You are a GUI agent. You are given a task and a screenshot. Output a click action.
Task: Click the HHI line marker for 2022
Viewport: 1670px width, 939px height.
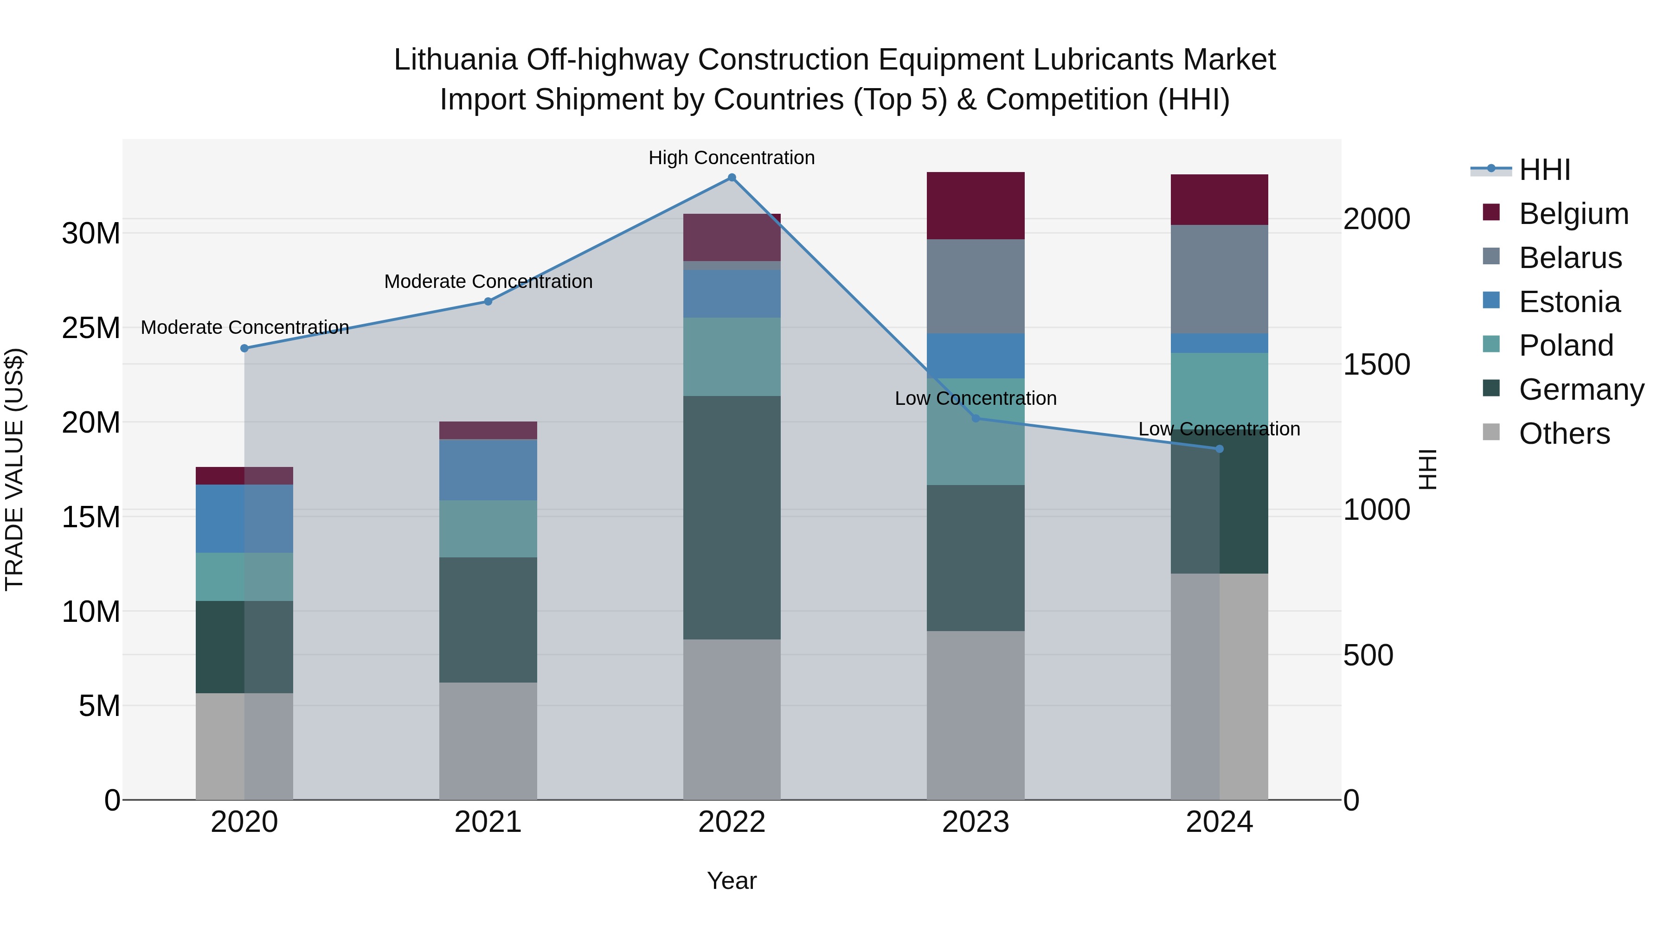732,178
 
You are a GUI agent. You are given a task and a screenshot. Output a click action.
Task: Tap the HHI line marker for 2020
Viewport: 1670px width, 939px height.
244,348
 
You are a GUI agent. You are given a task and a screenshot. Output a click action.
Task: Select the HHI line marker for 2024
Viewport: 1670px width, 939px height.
1220,448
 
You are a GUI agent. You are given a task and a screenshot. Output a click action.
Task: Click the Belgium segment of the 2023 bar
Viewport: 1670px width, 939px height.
976,205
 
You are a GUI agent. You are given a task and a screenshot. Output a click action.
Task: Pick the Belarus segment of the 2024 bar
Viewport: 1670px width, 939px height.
1220,279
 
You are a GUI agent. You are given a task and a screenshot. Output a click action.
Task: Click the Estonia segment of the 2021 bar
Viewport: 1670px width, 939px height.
488,470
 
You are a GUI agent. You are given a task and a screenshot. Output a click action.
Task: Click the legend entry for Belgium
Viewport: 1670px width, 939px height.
1574,214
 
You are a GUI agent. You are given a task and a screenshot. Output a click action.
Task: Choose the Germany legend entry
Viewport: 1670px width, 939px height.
1581,390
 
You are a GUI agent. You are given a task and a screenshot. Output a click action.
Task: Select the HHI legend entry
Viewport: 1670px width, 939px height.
1544,170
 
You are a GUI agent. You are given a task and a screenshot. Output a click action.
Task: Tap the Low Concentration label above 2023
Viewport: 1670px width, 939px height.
975,398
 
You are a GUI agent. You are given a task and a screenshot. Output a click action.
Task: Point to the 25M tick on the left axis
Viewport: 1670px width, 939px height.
91,328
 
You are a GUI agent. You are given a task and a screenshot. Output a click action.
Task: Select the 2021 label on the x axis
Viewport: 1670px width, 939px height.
488,822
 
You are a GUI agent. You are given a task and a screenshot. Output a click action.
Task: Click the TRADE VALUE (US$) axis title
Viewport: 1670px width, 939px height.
14,469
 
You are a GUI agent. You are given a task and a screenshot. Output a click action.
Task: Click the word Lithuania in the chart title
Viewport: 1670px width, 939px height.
455,60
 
